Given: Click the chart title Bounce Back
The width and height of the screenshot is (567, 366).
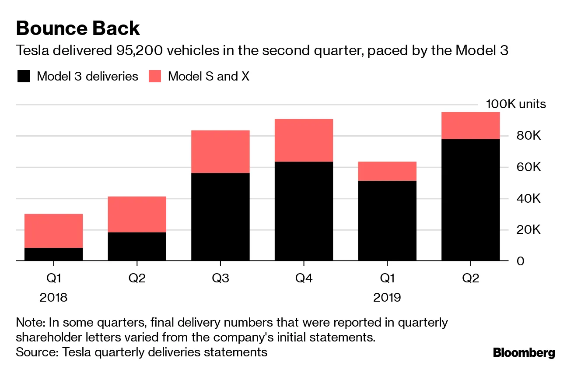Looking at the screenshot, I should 78,29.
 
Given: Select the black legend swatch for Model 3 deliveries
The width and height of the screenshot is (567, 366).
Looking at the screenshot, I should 24,77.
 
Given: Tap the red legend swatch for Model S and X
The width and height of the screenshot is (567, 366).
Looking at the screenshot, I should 155,77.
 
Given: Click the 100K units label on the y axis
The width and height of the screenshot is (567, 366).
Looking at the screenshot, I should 515,104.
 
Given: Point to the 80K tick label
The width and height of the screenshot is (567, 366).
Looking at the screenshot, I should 528,136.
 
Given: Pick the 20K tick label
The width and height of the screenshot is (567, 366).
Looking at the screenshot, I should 528,230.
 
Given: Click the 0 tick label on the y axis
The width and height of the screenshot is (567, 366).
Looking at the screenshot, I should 521,261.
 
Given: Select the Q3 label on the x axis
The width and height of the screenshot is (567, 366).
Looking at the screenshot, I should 220,278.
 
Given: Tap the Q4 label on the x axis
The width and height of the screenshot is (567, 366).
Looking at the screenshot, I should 304,278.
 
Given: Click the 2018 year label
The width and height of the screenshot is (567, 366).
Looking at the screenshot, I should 53,298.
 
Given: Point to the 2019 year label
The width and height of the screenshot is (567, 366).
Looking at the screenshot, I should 387,298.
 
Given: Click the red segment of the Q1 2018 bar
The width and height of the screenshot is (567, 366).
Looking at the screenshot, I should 53,231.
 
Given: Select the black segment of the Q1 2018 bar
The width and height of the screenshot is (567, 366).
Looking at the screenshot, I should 53,254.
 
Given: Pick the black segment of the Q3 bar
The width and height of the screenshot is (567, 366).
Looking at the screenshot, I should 220,217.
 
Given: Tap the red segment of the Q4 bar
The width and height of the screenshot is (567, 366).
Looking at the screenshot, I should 304,140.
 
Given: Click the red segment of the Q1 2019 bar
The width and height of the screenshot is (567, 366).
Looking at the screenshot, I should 387,171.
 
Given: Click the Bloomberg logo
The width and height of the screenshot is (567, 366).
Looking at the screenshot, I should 524,353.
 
